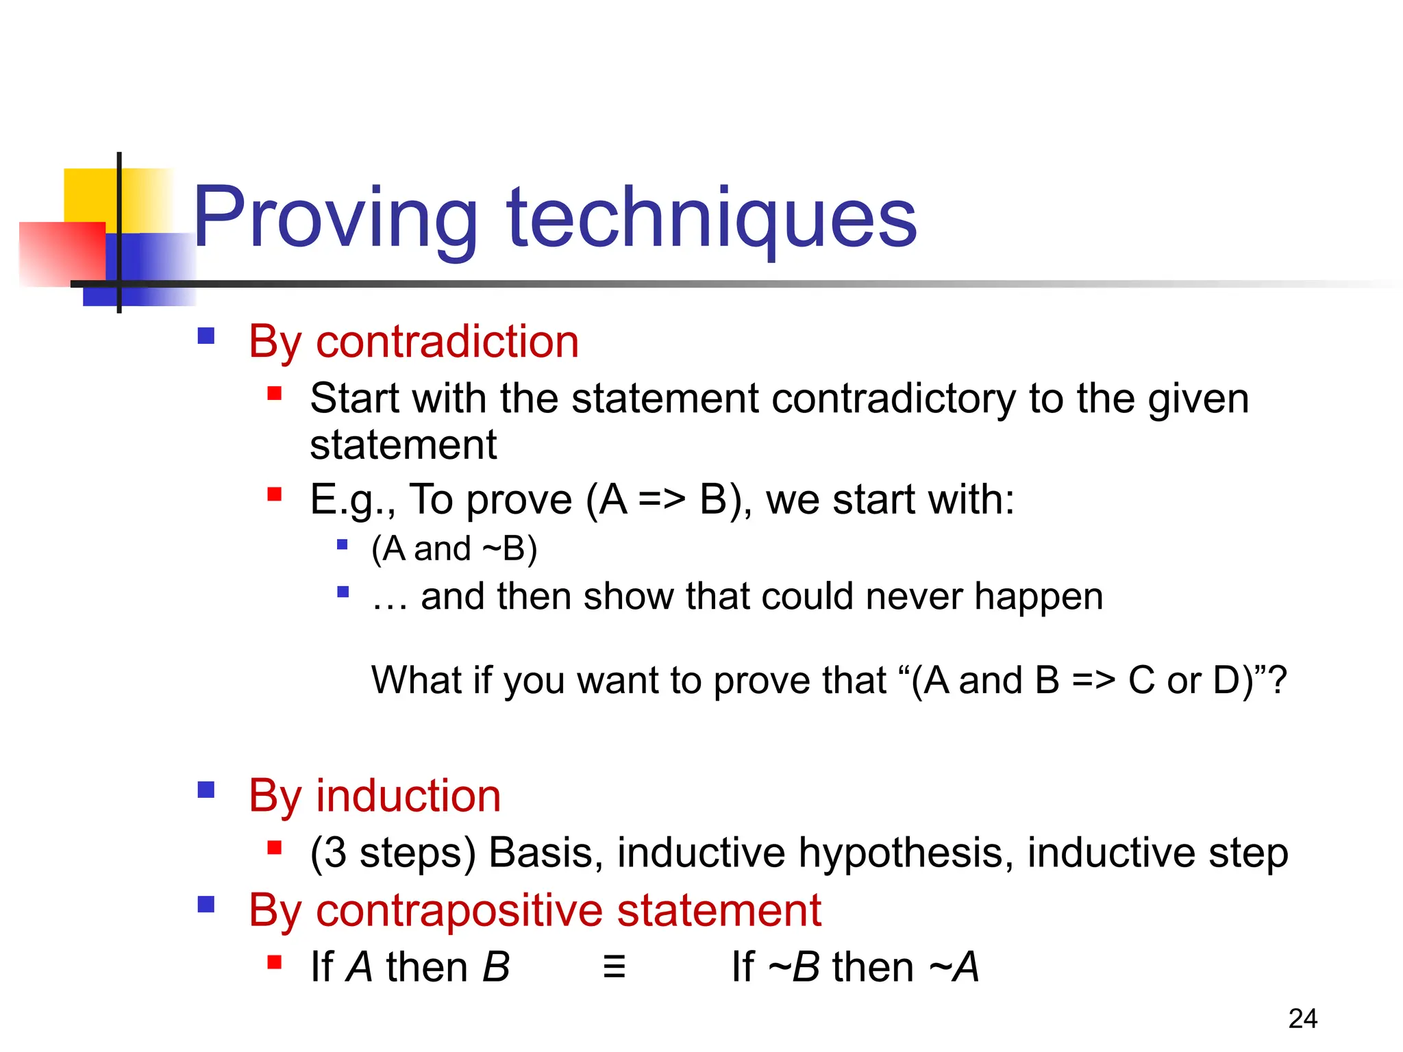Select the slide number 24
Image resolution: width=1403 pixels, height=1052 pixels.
pos(1302,1018)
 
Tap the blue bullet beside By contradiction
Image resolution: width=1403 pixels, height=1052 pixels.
pos(206,336)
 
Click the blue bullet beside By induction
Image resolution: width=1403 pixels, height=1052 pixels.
pos(206,790)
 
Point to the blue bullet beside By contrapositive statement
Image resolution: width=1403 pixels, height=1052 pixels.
pos(206,905)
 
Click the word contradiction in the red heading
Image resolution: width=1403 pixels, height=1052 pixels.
pos(447,341)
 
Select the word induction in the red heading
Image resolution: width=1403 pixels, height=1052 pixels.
pos(408,796)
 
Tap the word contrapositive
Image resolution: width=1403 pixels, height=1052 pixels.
pos(459,911)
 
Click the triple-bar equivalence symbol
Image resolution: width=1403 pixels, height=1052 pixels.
pos(614,967)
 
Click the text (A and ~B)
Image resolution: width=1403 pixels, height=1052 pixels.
pos(454,549)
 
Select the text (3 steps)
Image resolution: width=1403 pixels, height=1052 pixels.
pos(393,853)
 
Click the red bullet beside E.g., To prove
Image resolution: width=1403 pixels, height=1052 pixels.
pos(275,494)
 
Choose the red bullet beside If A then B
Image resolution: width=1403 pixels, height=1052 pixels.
pos(275,962)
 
